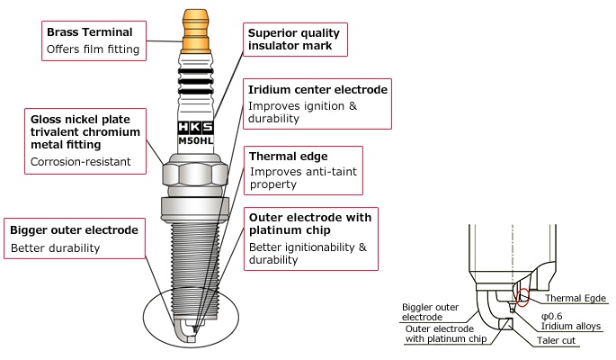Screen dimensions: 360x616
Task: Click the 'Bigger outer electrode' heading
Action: pos(74,230)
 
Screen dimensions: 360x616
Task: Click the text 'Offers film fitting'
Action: pos(93,49)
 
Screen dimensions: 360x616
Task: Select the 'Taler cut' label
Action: pos(555,342)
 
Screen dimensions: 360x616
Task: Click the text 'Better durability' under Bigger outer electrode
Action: pos(56,247)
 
